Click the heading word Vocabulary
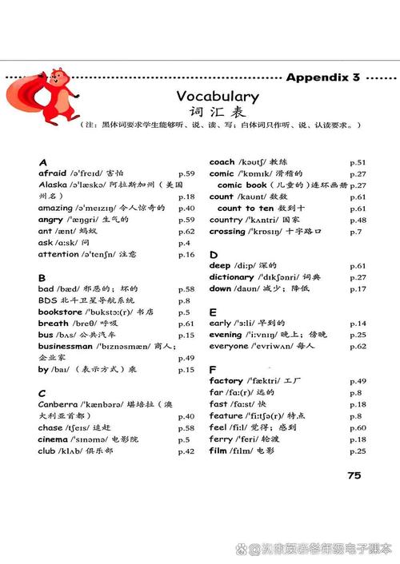[218, 96]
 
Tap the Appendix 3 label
[322, 77]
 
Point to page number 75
[354, 475]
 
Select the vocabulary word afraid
[53, 173]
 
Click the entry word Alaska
[53, 185]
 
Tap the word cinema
[54, 439]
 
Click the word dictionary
[231, 277]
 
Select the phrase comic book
[242, 185]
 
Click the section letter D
[214, 254]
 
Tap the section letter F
[213, 370]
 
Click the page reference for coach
[358, 161]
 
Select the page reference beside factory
[358, 381]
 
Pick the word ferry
[220, 439]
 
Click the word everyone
[229, 346]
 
